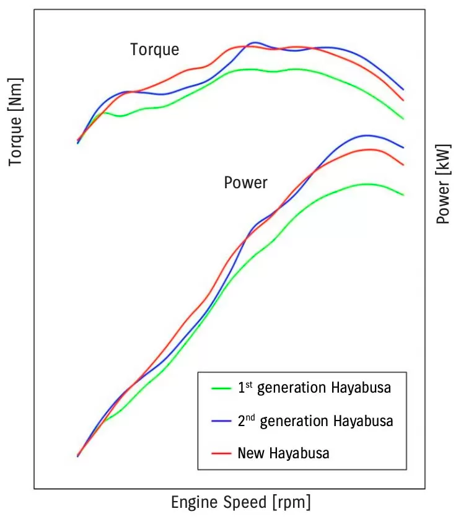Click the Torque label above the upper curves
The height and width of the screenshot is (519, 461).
pyautogui.click(x=154, y=50)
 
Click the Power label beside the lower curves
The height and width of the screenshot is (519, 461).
pyautogui.click(x=245, y=183)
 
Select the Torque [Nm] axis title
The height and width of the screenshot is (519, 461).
pyautogui.click(x=15, y=123)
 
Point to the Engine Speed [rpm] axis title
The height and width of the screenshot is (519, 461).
pyautogui.click(x=241, y=501)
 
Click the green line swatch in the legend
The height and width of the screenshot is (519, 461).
pyautogui.click(x=221, y=388)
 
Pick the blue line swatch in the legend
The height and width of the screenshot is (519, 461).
pyautogui.click(x=221, y=421)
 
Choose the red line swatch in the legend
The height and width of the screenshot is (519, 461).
pyautogui.click(x=221, y=453)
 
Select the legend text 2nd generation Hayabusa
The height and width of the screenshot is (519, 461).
pyautogui.click(x=315, y=421)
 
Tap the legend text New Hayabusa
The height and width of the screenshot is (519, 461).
pyautogui.click(x=283, y=453)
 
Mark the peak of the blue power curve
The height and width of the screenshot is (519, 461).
pyautogui.click(x=367, y=135)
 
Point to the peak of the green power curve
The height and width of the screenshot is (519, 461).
pyautogui.click(x=367, y=184)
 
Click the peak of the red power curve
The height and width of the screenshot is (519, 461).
pyautogui.click(x=369, y=149)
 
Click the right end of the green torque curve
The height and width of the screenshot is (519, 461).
pyautogui.click(x=403, y=118)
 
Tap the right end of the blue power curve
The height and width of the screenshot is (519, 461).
pyautogui.click(x=403, y=147)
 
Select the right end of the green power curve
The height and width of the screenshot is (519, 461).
pyautogui.click(x=403, y=194)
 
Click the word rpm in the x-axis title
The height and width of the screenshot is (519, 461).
pyautogui.click(x=291, y=502)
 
